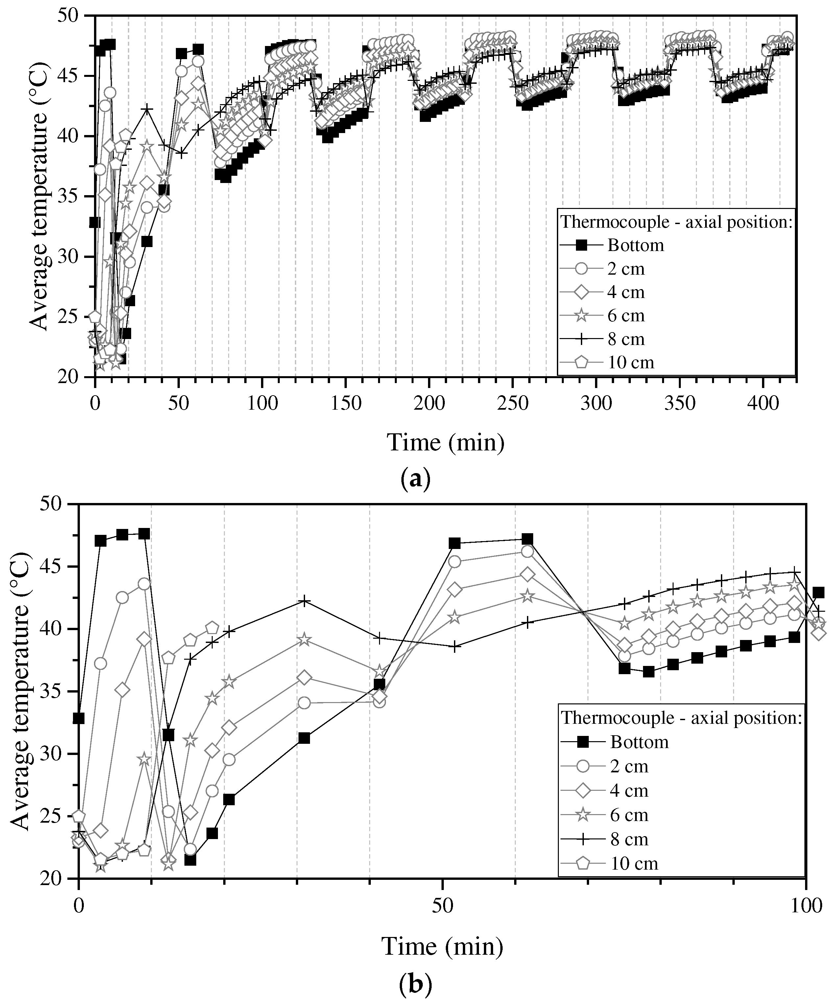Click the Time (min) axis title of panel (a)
click(x=445, y=442)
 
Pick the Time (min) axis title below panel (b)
click(x=442, y=946)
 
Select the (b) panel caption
click(x=415, y=984)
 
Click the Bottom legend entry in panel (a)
click(x=636, y=245)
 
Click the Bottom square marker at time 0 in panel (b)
click(x=79, y=718)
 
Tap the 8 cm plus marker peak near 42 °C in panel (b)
click(x=305, y=601)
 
